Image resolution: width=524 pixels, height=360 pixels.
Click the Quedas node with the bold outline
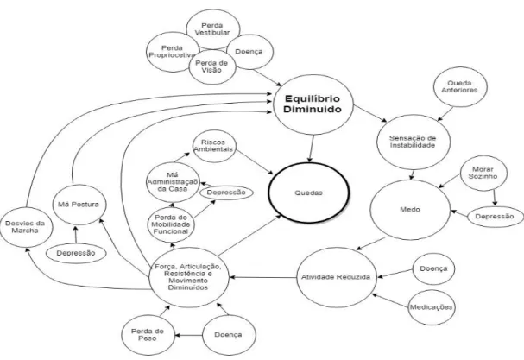click(x=309, y=193)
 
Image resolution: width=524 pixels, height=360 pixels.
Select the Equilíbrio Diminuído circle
click(x=313, y=104)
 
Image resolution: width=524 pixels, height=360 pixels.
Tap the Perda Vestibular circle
click(x=213, y=29)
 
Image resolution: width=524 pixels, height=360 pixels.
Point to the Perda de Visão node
click(x=212, y=66)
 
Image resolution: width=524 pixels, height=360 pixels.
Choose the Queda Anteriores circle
click(x=460, y=86)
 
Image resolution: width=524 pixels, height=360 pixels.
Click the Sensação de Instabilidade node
click(x=413, y=142)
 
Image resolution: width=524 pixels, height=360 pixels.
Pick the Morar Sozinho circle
click(x=483, y=173)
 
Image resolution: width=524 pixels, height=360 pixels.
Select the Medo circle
click(x=410, y=210)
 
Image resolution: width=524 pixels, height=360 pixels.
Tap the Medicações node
click(x=432, y=307)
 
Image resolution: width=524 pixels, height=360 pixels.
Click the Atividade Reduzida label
click(x=336, y=277)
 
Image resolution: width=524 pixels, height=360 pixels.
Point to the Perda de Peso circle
click(x=148, y=335)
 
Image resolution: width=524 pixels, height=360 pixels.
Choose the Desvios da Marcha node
click(x=26, y=227)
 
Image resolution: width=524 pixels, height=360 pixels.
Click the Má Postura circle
click(x=79, y=205)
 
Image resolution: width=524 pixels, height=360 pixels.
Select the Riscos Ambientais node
click(x=214, y=146)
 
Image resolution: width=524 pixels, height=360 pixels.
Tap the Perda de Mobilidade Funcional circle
click(x=171, y=224)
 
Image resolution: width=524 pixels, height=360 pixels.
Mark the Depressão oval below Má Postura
click(x=76, y=253)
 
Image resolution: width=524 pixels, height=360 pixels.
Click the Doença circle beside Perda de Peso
click(x=229, y=335)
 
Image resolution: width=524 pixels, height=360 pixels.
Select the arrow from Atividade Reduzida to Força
click(x=263, y=277)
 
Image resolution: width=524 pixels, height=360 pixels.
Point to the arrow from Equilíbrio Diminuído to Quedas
click(x=312, y=148)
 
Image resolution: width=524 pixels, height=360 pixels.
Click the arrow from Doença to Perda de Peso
click(x=188, y=335)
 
